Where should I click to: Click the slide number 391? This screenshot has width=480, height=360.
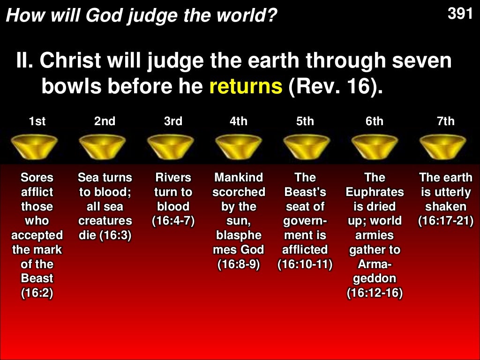[x=460, y=14]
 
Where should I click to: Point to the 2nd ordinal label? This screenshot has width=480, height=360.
[x=105, y=121]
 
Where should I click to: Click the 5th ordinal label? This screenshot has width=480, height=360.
[x=305, y=121]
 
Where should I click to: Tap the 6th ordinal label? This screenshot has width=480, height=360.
[x=375, y=121]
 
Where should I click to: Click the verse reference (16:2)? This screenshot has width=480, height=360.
[x=37, y=293]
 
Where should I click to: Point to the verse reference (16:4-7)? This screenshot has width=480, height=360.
[x=173, y=221]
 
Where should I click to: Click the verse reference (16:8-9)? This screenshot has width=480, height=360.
[x=238, y=264]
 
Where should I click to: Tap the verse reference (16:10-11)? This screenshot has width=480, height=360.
[x=305, y=264]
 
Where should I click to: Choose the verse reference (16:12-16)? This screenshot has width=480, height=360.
[x=375, y=293]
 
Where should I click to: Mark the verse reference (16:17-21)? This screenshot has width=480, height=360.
[x=445, y=221]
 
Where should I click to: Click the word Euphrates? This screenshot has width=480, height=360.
[x=375, y=192]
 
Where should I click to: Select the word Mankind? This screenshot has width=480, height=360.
[x=238, y=178]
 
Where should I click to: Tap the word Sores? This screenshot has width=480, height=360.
[x=37, y=178]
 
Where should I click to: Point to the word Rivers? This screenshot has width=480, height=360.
[x=173, y=178]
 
